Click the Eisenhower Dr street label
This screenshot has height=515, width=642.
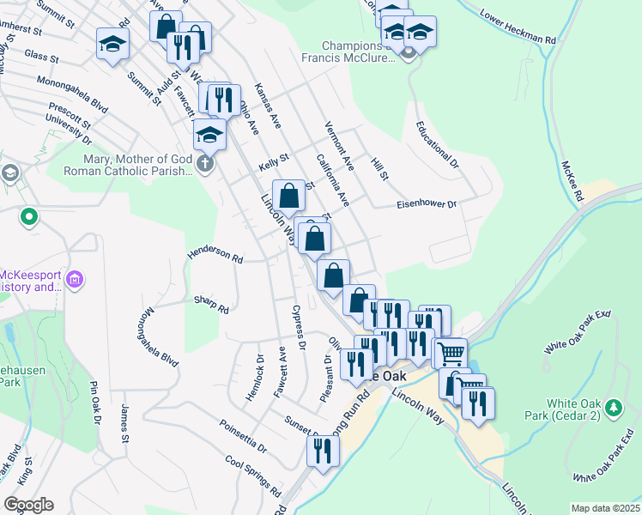(427, 204)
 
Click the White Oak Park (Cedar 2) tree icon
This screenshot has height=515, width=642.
(614, 406)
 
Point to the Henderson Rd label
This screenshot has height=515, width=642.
(215, 255)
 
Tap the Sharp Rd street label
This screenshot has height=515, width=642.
(211, 304)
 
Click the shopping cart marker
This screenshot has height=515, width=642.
(451, 352)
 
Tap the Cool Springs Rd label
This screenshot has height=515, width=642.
(253, 476)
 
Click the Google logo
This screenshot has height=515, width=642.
(28, 504)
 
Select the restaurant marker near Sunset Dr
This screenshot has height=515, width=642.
(323, 449)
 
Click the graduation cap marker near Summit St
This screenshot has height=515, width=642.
(112, 43)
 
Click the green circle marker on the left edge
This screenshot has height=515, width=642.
(29, 217)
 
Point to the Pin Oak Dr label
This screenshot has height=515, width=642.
(94, 406)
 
